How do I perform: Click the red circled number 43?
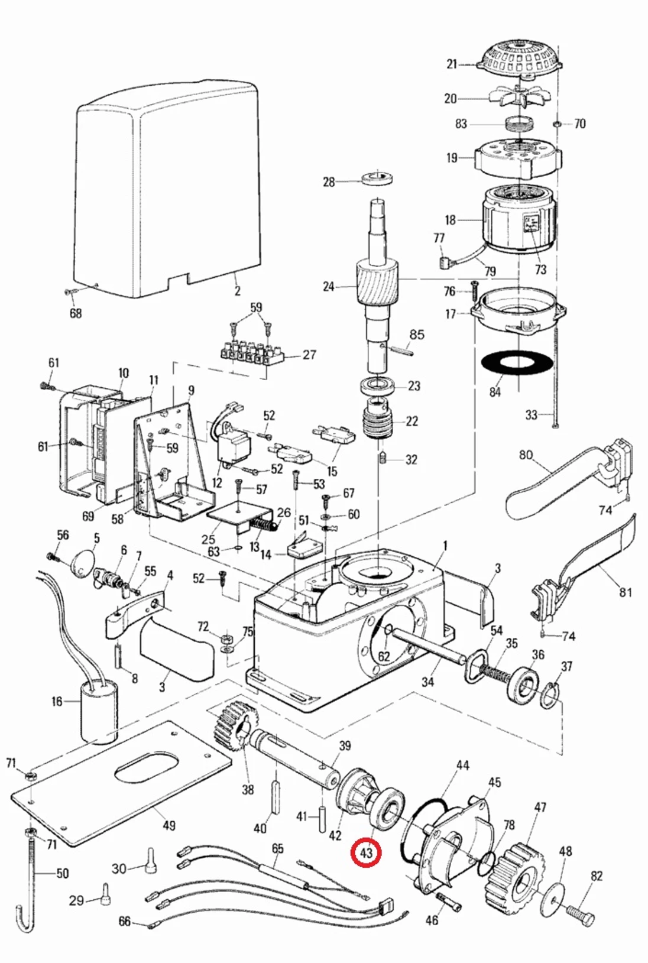point(365,852)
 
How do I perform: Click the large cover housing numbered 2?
point(169,189)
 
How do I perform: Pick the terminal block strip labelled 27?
point(251,352)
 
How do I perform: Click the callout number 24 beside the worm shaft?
point(329,287)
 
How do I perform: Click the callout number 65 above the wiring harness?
point(277,848)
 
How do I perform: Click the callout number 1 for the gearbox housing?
point(445,545)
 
